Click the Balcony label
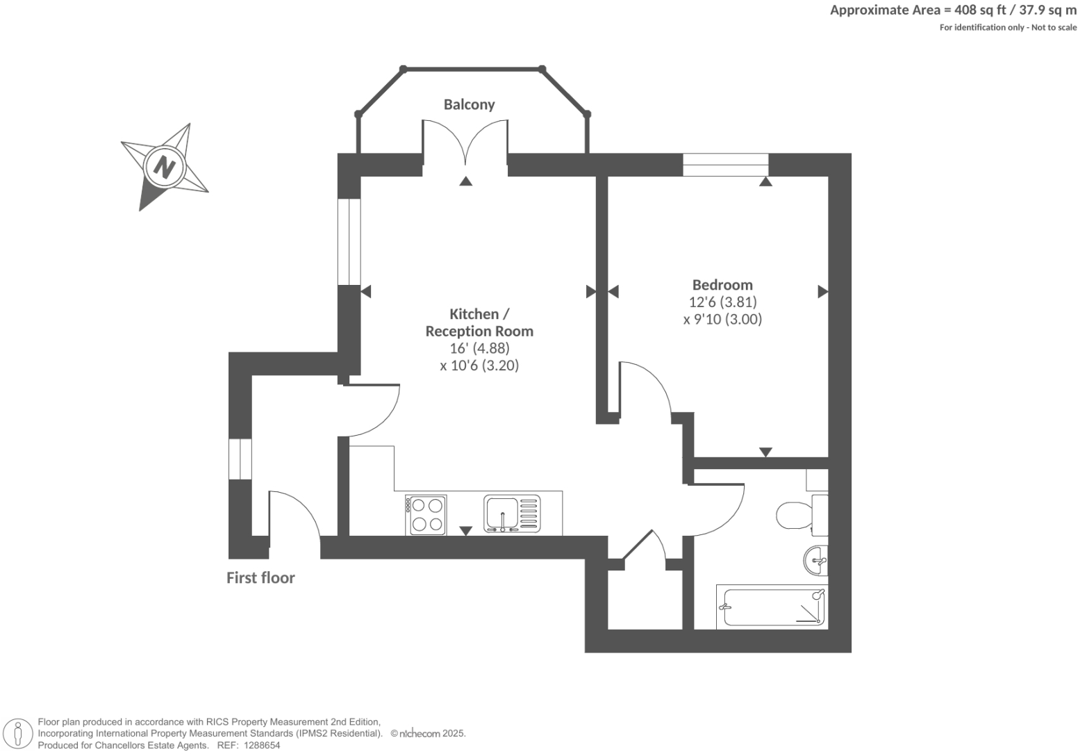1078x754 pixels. pos(469,104)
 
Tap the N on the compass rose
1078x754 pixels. pos(165,167)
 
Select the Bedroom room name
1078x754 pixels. pos(722,285)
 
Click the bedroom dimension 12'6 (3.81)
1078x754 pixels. pos(722,302)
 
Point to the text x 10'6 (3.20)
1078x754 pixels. pos(479,366)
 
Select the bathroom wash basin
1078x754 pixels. pos(815,561)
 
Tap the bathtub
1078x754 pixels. pos(771,607)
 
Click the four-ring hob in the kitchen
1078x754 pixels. pos(426,514)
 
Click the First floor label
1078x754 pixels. pos(260,578)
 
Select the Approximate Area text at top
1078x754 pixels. pos(953,10)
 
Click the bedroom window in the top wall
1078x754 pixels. pos(725,165)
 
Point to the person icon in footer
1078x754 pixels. pos(19,734)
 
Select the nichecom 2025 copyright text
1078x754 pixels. pos(428,734)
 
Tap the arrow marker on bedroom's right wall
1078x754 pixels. pos(822,292)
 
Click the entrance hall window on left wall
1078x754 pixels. pos(240,459)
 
